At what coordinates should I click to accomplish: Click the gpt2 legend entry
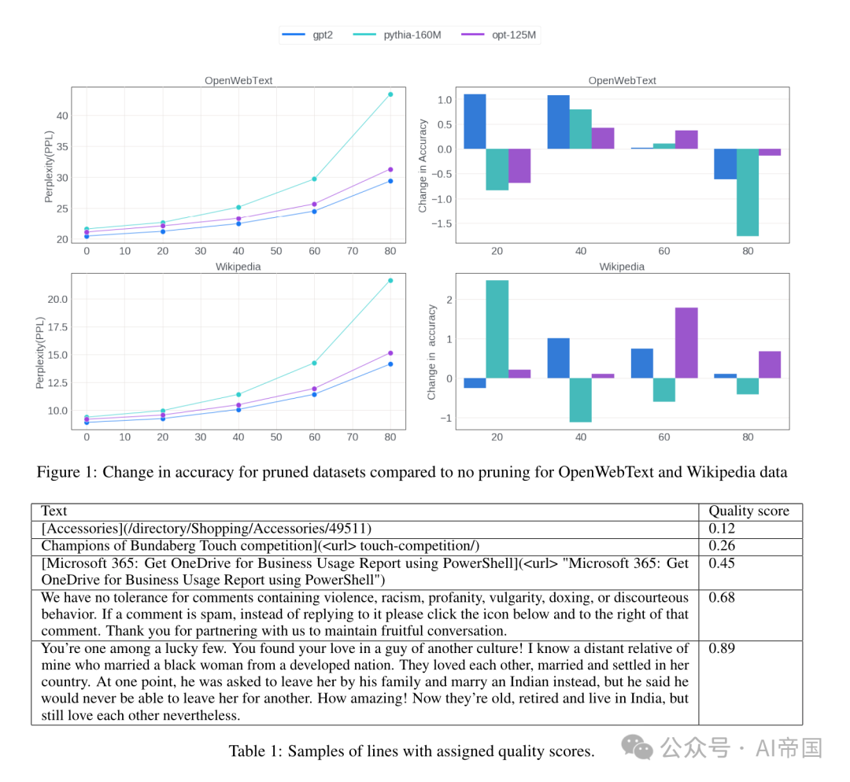click(308, 35)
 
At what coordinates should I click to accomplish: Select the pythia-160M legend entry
click(397, 35)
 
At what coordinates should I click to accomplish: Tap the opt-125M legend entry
click(499, 35)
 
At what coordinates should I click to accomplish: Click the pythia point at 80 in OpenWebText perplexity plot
click(390, 94)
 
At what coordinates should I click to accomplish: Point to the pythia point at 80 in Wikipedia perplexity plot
click(390, 281)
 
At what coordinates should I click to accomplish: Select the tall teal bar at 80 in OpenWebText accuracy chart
click(748, 193)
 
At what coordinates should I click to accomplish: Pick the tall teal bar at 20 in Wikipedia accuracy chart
click(497, 329)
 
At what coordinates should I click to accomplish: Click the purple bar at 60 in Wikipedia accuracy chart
click(686, 343)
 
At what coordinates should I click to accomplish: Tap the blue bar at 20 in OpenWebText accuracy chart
click(475, 121)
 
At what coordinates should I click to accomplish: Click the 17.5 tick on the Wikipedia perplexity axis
click(57, 327)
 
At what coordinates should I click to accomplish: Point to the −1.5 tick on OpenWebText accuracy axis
click(442, 223)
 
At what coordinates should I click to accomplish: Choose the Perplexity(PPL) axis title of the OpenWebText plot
click(49, 166)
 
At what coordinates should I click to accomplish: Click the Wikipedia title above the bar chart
click(622, 267)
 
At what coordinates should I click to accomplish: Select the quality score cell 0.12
click(722, 529)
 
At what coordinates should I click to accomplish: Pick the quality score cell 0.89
click(722, 648)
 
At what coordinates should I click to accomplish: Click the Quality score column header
click(748, 511)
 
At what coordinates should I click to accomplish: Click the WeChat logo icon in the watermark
click(637, 747)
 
